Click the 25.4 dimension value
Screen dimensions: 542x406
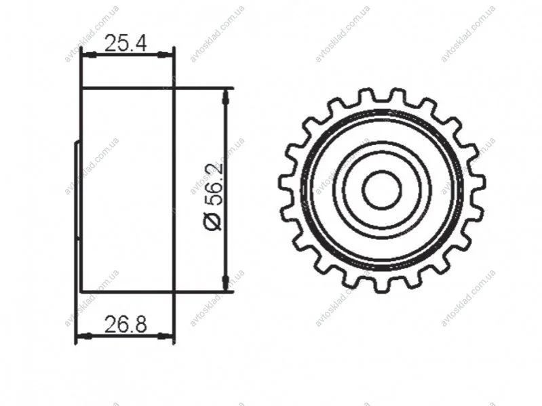point(125,43)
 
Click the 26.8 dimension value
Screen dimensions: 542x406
point(125,324)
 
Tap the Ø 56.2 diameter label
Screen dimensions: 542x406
point(213,197)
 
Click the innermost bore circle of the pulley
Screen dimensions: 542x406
point(382,190)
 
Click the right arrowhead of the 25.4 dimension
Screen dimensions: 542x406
point(165,54)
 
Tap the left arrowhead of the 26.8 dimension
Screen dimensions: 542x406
point(84,336)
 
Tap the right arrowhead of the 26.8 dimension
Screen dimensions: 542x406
point(165,336)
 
